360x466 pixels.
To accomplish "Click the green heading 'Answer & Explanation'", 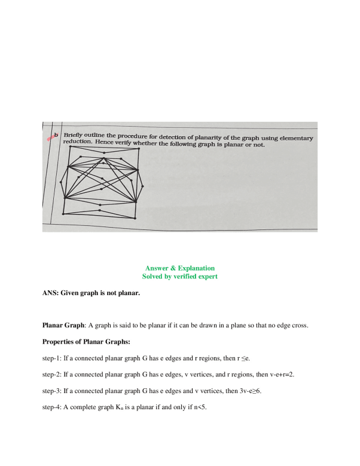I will (x=179, y=268).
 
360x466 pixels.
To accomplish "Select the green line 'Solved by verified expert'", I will (x=179, y=277).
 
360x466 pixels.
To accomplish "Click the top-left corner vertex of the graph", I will (x=70, y=147).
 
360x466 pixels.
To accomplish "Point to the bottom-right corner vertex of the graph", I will (x=136, y=219).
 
